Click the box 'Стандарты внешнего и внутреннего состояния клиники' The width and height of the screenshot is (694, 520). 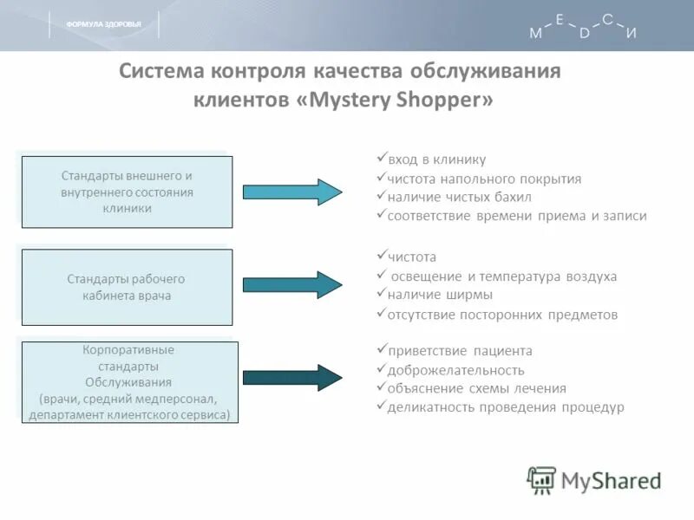tap(127, 192)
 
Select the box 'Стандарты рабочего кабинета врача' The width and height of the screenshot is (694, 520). tap(127, 287)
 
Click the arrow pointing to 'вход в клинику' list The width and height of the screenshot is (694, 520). tap(291, 192)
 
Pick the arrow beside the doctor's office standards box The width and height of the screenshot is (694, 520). tap(291, 284)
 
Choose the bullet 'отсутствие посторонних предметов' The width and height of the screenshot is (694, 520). tap(502, 315)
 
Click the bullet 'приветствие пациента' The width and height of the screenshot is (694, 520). tap(460, 351)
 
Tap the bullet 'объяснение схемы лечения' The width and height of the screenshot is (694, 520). tap(476, 388)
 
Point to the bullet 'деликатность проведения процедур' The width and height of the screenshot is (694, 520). tap(506, 407)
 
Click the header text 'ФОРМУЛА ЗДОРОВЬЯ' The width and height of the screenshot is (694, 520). tap(103, 24)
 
